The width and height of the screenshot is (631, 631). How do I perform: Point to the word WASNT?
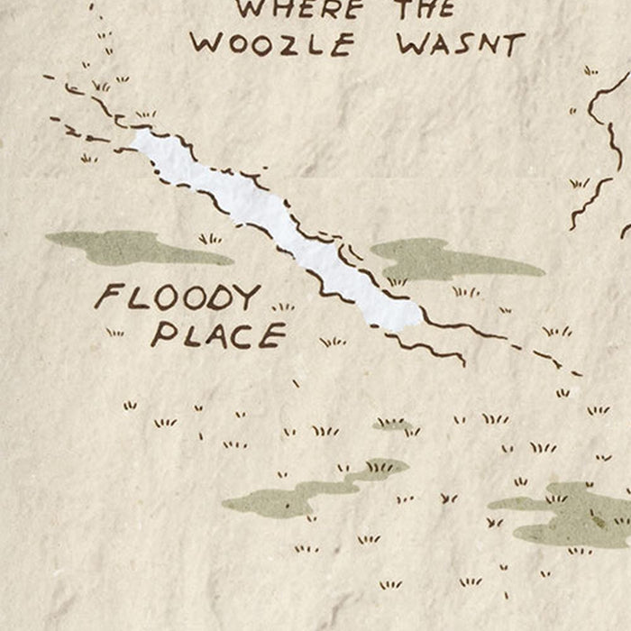(460, 44)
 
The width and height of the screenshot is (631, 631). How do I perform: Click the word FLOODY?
(178, 297)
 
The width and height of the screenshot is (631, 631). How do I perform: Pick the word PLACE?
(218, 335)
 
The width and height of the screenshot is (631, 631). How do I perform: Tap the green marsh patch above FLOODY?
(135, 246)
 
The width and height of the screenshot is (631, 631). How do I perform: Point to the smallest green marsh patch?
(393, 425)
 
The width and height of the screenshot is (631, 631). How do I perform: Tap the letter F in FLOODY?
(108, 296)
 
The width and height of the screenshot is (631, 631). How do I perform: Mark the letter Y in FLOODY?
(247, 297)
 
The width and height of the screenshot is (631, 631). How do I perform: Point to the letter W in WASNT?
(410, 44)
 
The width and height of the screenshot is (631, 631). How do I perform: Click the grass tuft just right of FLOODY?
(283, 306)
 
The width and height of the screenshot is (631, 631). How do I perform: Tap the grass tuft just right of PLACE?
(332, 342)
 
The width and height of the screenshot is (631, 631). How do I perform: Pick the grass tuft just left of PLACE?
(114, 333)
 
